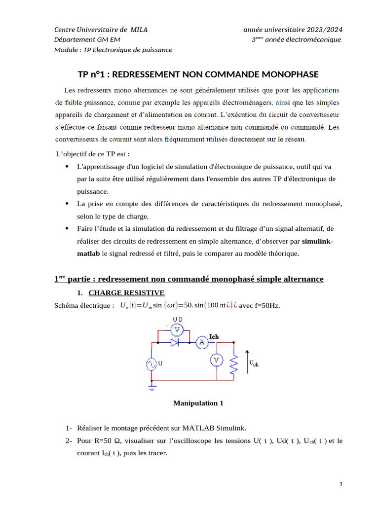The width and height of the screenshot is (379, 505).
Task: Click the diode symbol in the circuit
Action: tap(174, 342)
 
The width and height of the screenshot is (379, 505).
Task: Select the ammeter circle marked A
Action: tap(201, 342)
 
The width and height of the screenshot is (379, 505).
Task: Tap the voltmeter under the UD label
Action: tap(177, 329)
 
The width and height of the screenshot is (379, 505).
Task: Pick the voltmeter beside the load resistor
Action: tap(216, 361)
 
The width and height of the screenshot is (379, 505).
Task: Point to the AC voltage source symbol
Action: tap(151, 364)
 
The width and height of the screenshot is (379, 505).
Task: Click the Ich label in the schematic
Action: tap(214, 337)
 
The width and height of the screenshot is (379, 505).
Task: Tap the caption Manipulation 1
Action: tap(198, 403)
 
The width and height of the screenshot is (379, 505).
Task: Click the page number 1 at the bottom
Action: tap(341, 485)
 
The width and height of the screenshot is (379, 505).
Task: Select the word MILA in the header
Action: tap(139, 30)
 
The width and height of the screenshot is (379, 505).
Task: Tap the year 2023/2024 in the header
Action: tap(320, 30)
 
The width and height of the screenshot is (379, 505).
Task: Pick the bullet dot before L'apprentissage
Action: tap(67, 167)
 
